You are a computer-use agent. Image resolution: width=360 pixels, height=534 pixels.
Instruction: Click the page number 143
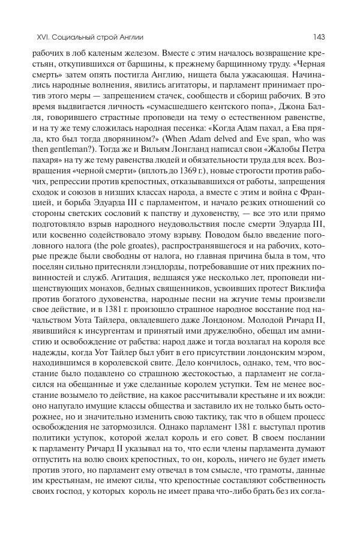(x=319, y=37)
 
